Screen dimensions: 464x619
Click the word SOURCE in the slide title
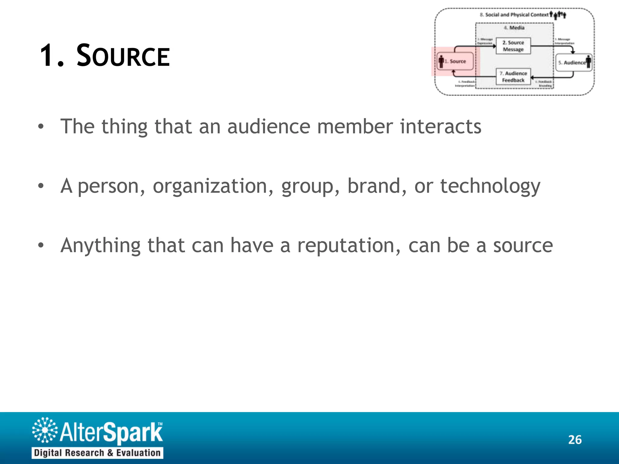[x=123, y=56]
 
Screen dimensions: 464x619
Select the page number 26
[x=575, y=440]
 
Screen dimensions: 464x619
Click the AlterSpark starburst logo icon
[x=45, y=430]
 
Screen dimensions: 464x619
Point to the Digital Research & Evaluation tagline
[x=97, y=453]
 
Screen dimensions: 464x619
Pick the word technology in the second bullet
[x=490, y=186]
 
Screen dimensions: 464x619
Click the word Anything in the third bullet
[x=100, y=246]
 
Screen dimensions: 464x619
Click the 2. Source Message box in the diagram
[x=513, y=46]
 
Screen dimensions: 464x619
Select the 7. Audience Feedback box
[x=513, y=77]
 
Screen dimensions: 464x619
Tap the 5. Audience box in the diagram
[x=574, y=63]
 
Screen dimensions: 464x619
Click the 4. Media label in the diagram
[x=514, y=28]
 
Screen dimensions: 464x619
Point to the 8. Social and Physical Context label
[x=514, y=15]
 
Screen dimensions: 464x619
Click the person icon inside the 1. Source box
[x=441, y=62]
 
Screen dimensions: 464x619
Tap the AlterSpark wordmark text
[x=111, y=432]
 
